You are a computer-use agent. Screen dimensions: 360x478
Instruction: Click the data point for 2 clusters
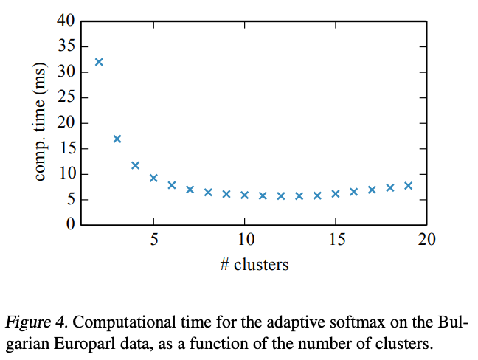[x=99, y=62]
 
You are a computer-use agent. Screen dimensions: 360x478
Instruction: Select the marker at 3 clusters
[x=117, y=139]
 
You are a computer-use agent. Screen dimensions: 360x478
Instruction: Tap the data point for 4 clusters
[x=135, y=165]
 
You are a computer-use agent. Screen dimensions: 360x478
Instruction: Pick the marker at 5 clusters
[x=153, y=178]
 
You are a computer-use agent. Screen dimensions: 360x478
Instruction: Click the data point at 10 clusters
[x=244, y=195]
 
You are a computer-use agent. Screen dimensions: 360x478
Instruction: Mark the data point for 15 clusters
[x=336, y=194]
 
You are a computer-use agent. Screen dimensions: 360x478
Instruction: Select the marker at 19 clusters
[x=408, y=185]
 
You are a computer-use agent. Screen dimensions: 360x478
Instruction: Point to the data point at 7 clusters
[x=190, y=190]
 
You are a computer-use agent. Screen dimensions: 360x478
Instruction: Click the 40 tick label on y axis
[x=66, y=21]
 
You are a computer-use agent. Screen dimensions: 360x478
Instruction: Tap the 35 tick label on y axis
[x=66, y=47]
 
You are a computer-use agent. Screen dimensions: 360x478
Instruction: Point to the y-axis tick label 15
[x=66, y=149]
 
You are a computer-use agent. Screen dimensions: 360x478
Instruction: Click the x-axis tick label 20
[x=426, y=239]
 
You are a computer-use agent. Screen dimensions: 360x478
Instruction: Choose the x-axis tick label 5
[x=153, y=239]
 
